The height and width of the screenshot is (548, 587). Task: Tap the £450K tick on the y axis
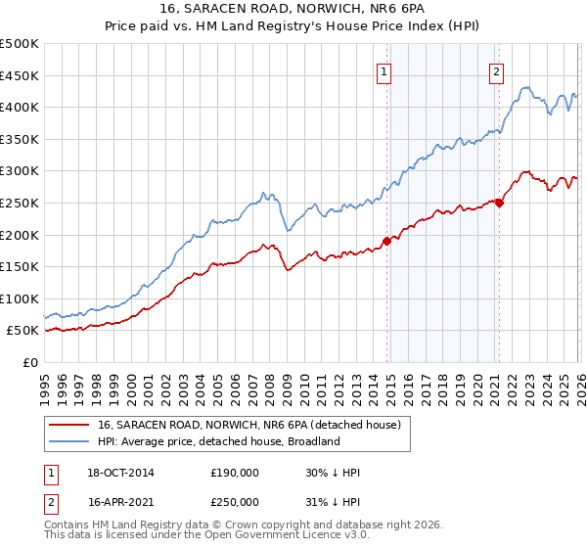click(20, 75)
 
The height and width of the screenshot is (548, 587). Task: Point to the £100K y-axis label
click(20, 298)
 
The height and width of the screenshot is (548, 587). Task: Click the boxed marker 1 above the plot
click(384, 70)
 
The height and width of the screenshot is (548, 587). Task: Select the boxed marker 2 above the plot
click(497, 70)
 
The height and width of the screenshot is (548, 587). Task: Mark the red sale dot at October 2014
click(386, 241)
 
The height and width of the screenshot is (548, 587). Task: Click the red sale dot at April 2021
click(499, 203)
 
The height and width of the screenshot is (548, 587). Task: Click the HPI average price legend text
click(218, 441)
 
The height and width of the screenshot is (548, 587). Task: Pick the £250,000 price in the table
click(235, 501)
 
